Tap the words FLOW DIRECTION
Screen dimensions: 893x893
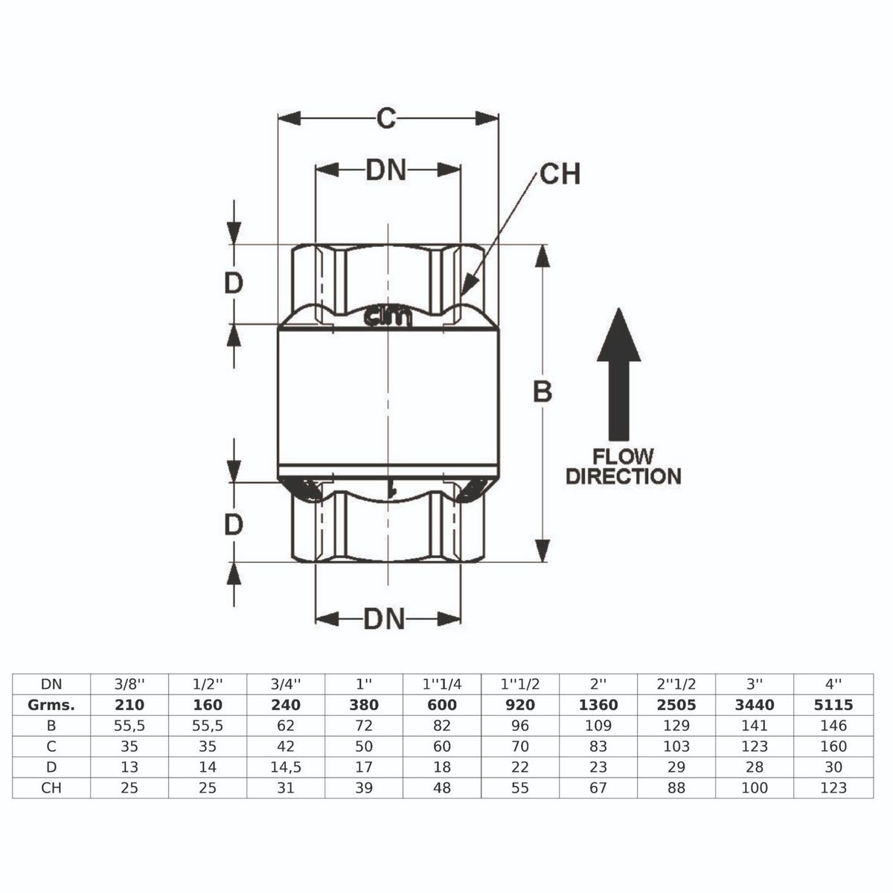[623, 467]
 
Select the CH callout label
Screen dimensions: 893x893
[560, 173]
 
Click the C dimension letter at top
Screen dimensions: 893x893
[385, 118]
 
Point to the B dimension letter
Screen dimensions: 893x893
[542, 391]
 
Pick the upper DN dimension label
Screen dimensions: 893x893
[386, 170]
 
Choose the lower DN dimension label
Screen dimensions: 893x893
[385, 618]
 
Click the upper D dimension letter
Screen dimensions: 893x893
[234, 283]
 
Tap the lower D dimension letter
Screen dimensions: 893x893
[234, 525]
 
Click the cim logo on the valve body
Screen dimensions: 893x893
[387, 319]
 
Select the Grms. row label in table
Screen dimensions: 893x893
[51, 705]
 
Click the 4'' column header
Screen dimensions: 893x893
[833, 684]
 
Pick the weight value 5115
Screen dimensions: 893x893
[833, 705]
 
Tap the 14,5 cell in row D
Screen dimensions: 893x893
[286, 767]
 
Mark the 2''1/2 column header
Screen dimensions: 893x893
[676, 684]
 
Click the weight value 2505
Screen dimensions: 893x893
[676, 705]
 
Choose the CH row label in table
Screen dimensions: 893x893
[51, 787]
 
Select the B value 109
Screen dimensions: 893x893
[598, 726]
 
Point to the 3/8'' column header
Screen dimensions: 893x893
[129, 684]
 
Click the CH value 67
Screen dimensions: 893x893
[598, 787]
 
